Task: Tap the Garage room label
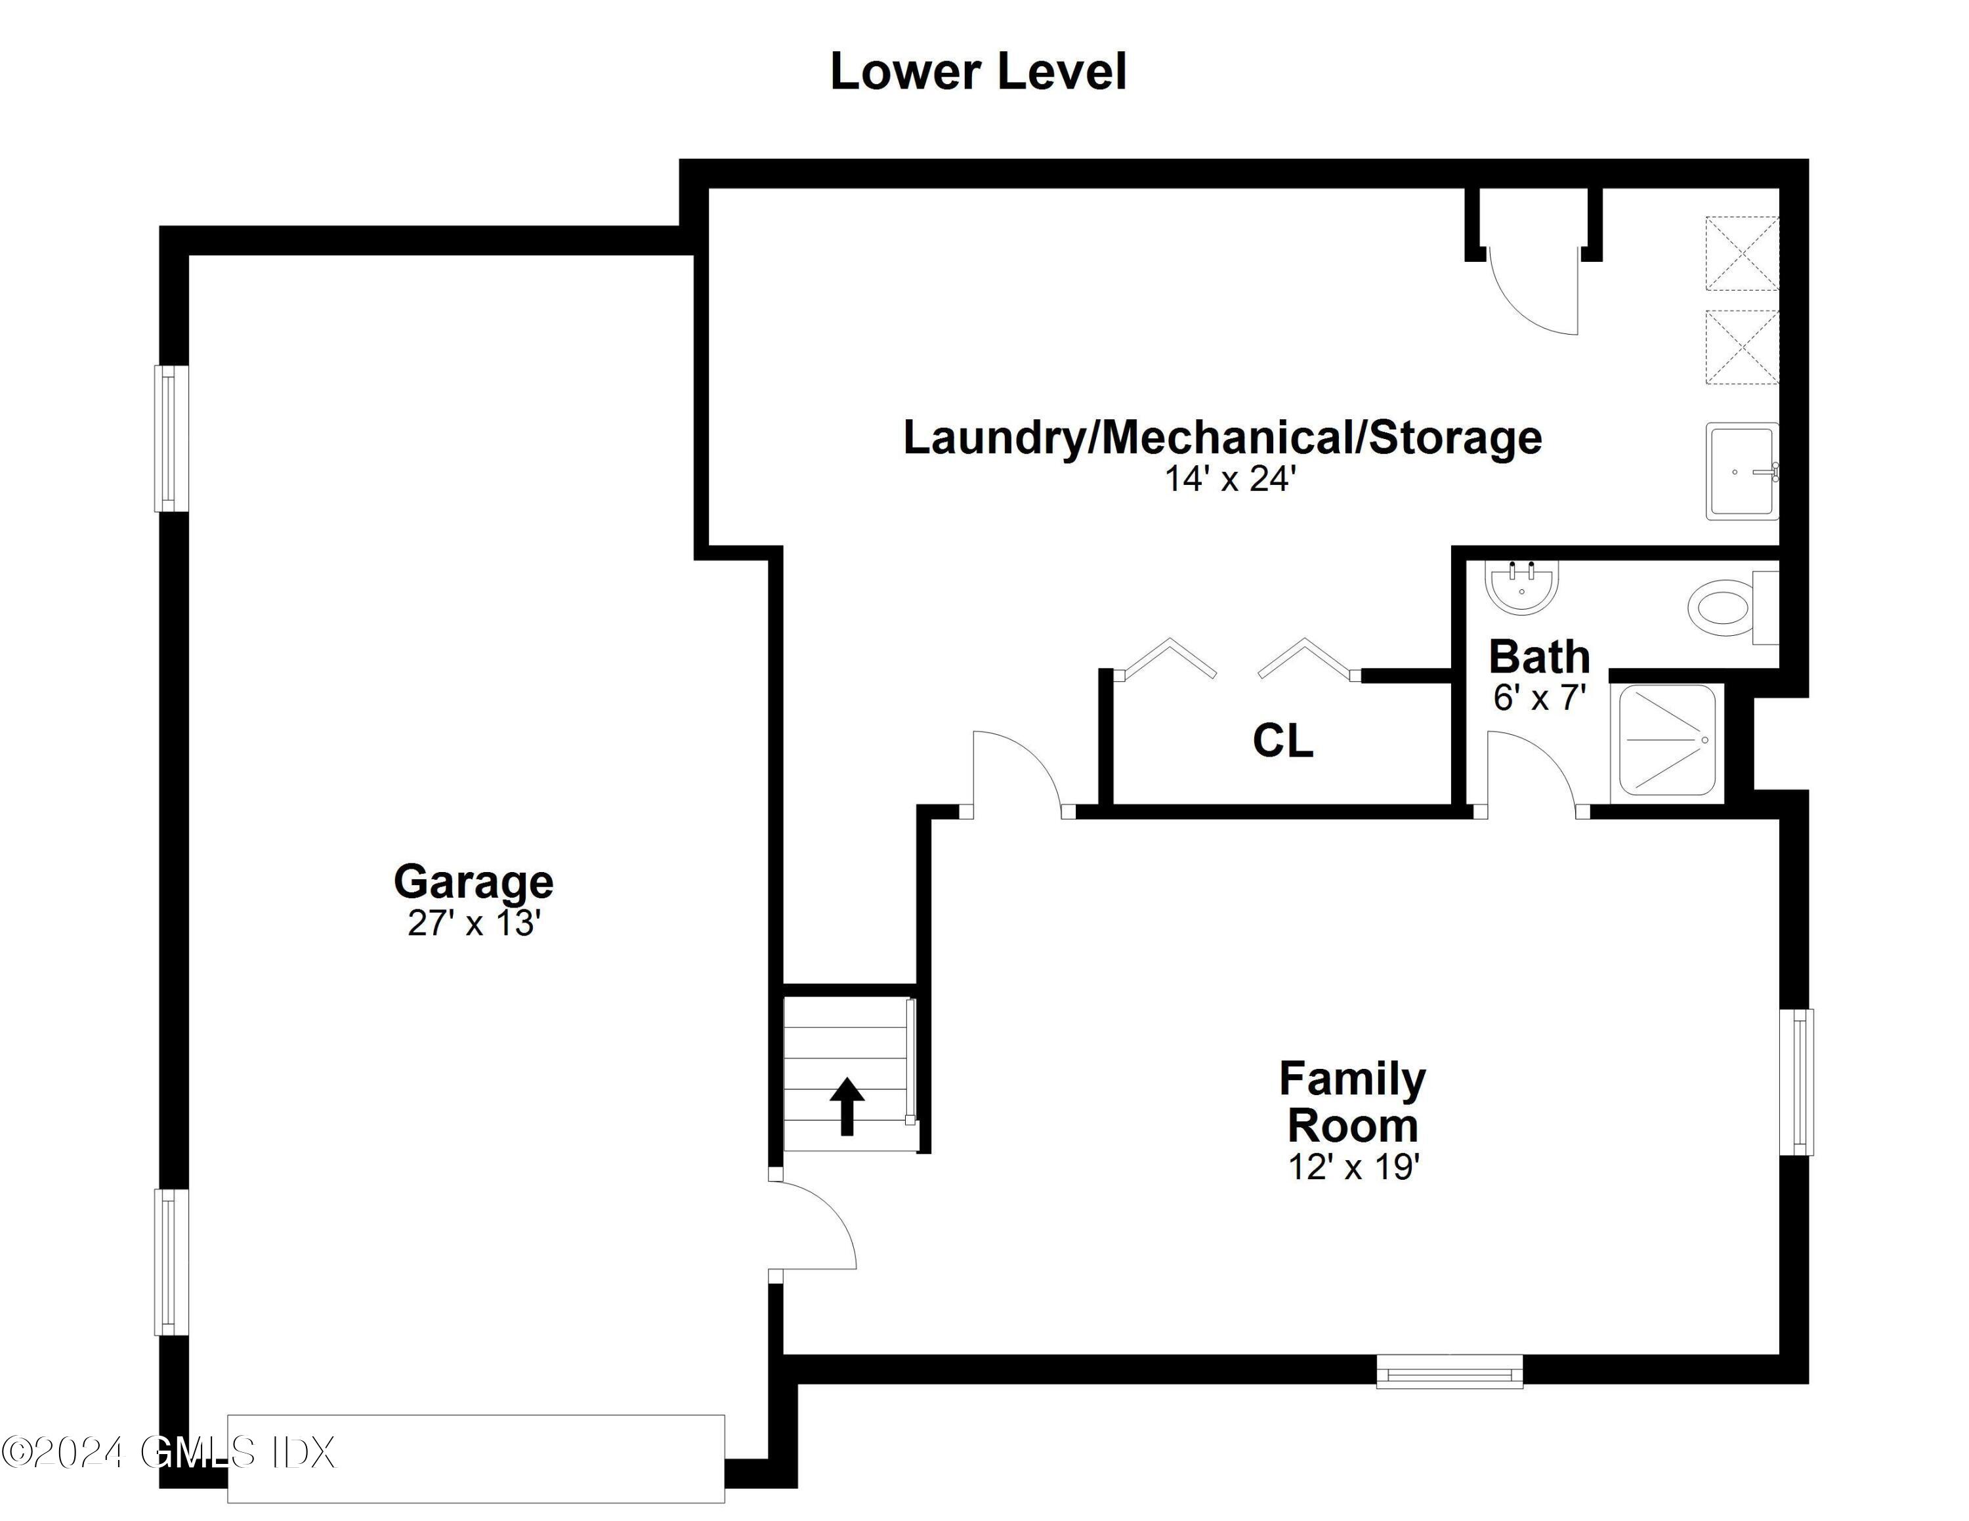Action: tap(473, 881)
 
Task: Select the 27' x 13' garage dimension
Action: tap(473, 924)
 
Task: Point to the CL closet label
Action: tap(1282, 741)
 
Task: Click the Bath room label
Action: tap(1539, 657)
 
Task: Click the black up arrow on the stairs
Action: tap(847, 1106)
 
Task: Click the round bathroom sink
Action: tap(1521, 587)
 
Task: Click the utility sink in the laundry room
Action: tap(1741, 471)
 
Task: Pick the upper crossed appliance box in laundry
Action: tap(1742, 253)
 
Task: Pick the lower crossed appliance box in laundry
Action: tap(1742, 348)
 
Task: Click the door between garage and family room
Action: tap(811, 1226)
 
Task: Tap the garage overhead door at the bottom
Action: tap(475, 1459)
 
